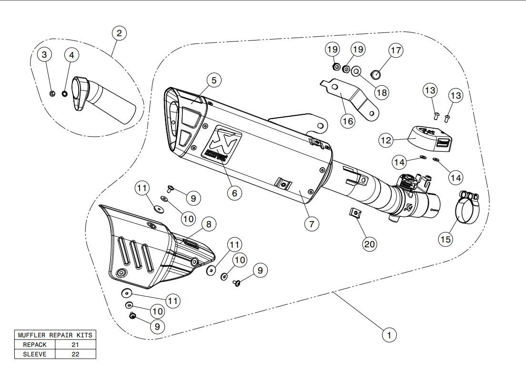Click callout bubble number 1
coord(389,335)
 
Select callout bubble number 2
coord(119,33)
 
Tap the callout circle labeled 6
coord(234,193)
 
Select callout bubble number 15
coord(445,239)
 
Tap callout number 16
coord(348,121)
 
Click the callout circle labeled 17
coord(395,50)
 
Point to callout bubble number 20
coord(370,243)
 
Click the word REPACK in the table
coord(34,345)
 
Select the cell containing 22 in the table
coord(75,354)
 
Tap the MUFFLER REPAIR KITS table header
coord(55,335)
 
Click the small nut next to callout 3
coord(52,92)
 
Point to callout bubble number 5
coord(214,81)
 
